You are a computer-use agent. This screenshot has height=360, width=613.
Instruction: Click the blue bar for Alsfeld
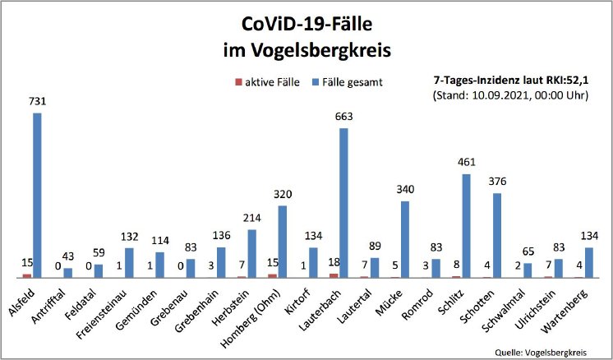click(x=37, y=195)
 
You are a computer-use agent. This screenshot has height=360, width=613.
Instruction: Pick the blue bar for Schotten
click(x=497, y=235)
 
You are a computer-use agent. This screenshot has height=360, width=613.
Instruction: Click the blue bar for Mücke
click(x=405, y=239)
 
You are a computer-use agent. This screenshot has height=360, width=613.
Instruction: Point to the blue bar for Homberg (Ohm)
click(x=282, y=241)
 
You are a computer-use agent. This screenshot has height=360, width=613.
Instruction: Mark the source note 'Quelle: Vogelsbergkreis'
click(x=541, y=351)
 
